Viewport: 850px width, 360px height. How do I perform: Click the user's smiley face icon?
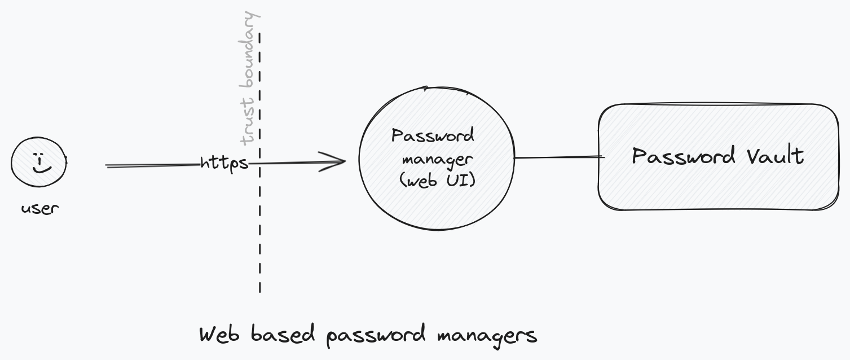click(38, 162)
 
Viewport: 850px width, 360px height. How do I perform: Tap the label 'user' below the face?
click(40, 208)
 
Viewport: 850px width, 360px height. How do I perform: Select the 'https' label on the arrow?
click(224, 163)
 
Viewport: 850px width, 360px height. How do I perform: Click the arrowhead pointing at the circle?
click(336, 162)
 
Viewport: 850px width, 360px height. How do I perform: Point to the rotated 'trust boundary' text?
click(249, 78)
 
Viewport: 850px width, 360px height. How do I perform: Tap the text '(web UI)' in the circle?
click(437, 181)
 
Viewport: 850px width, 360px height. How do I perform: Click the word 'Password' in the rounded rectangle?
click(677, 156)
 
